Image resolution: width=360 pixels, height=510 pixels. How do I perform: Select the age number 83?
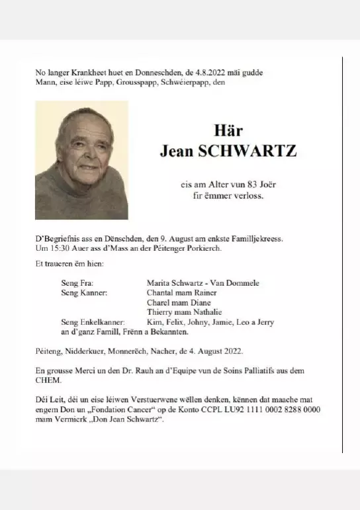pyautogui.click(x=247, y=185)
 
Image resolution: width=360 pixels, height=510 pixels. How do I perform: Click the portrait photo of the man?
pyautogui.click(x=81, y=160)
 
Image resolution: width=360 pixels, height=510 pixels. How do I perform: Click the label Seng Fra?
pyautogui.click(x=77, y=283)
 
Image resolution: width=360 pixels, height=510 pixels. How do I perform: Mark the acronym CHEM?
pyautogui.click(x=47, y=380)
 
